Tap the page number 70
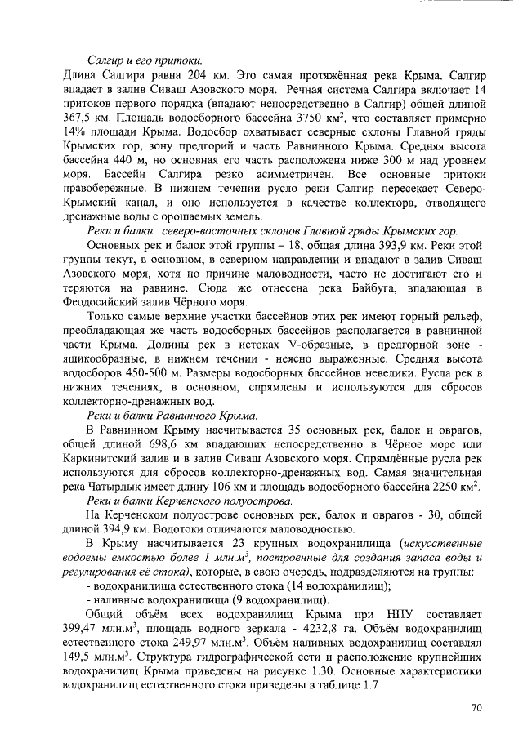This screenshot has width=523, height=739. click(x=478, y=708)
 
